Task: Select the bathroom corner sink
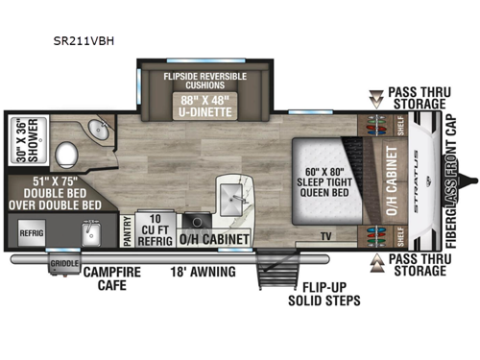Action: (93, 131)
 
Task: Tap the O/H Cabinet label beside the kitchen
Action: (215, 238)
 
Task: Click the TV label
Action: (326, 235)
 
